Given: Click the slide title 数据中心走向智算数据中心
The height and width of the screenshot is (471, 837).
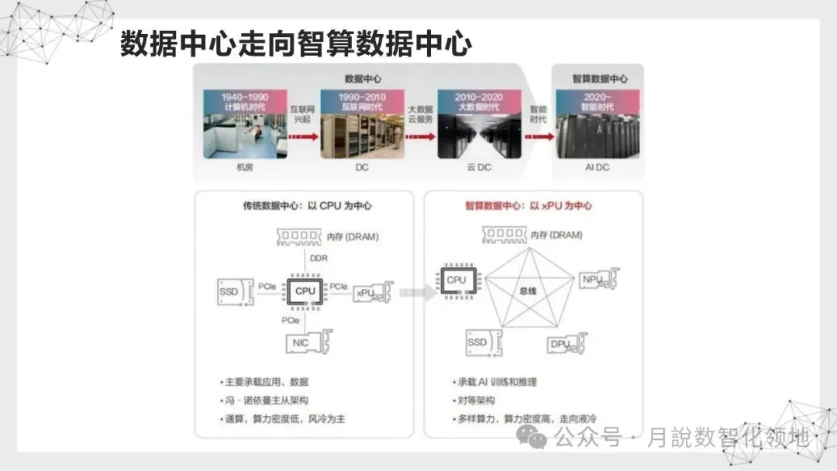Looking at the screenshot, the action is pos(295,44).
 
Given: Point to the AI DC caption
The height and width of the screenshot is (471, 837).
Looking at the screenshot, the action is pos(597,167).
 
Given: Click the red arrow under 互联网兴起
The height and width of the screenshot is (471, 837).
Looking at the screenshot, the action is pos(304,137).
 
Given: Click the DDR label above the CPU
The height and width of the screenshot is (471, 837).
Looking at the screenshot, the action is pos(319,258).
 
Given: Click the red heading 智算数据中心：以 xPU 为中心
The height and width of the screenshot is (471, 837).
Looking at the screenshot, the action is pos(529,206).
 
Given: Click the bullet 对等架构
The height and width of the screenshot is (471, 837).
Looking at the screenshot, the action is pos(473,401).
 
